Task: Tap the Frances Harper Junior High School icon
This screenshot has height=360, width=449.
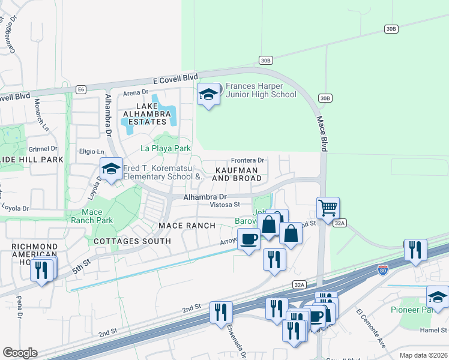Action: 208,95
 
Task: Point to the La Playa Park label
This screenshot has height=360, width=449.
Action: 166,148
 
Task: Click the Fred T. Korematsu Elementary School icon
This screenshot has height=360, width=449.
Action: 111,170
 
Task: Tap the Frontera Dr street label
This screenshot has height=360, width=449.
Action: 248,160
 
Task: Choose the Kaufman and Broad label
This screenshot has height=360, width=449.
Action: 237,175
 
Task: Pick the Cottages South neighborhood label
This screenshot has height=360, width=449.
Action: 132,241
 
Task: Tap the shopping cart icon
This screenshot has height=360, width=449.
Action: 328,208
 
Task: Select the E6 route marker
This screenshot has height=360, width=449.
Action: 80,89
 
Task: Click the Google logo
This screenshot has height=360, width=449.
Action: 19,353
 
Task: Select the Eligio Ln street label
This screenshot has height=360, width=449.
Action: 92,152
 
